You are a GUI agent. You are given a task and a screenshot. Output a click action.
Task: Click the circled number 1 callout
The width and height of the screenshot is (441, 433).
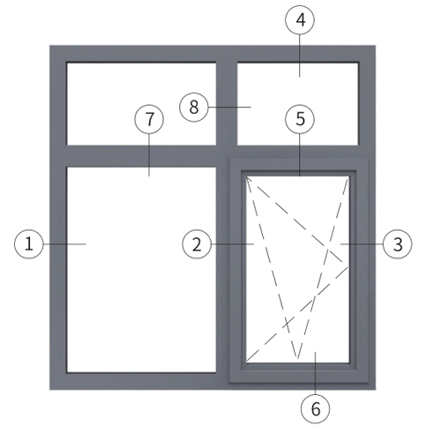click(29, 244)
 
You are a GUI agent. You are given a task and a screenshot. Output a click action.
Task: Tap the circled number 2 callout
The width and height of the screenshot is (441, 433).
click(197, 244)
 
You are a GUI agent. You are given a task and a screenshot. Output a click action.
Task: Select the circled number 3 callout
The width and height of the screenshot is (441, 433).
click(398, 244)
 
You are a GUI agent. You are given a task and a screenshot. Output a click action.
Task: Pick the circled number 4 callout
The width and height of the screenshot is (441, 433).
click(300, 20)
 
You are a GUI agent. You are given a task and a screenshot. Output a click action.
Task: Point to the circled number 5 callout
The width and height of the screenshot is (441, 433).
click(300, 119)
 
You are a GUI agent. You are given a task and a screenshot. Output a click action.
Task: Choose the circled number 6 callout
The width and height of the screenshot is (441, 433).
click(316, 409)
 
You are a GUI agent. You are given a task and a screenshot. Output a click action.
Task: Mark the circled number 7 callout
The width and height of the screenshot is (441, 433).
click(149, 119)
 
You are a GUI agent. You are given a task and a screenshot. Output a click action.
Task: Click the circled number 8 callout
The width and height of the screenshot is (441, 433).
click(194, 107)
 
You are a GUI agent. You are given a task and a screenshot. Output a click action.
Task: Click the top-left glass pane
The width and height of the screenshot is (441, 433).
click(141, 103)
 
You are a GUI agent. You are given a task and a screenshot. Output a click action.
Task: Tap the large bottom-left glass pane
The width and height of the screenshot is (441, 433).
click(141, 270)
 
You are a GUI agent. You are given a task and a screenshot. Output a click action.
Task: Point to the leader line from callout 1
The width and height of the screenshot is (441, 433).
click(64, 244)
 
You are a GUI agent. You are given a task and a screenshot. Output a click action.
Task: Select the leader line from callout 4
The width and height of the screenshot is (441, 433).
click(300, 56)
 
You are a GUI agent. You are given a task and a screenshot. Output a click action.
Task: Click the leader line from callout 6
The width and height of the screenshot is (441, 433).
click(316, 373)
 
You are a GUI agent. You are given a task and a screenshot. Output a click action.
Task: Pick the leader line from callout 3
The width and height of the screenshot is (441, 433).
click(362, 244)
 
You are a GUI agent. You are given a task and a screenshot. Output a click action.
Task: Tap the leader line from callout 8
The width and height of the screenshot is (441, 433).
click(229, 107)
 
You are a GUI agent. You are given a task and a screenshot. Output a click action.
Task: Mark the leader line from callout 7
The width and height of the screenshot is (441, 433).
click(149, 155)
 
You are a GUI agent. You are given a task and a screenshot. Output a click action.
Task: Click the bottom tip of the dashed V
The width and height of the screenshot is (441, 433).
click(297, 358)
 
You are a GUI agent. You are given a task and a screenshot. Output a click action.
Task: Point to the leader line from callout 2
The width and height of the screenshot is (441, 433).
click(233, 244)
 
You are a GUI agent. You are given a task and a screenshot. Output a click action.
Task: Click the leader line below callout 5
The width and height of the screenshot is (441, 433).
click(300, 155)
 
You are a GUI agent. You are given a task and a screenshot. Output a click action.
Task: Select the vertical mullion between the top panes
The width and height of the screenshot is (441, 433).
click(227, 103)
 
